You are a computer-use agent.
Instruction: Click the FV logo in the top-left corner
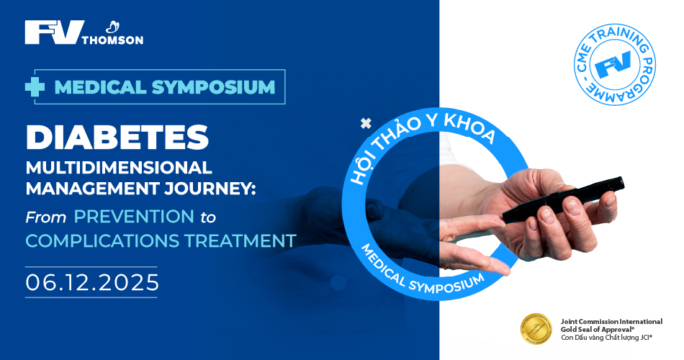[54, 32]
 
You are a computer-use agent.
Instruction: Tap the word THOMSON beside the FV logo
[112, 40]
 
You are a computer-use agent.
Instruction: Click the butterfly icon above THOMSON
[113, 27]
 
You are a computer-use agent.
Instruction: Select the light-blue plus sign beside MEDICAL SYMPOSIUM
[35, 87]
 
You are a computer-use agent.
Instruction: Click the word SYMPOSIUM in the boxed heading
[213, 87]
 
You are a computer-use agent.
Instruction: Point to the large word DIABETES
[117, 137]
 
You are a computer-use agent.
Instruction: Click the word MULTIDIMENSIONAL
[119, 168]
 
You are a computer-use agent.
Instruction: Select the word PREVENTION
[134, 217]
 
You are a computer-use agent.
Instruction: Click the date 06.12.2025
[92, 282]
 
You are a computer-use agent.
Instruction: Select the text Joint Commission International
[611, 322]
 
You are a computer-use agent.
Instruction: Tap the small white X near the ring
[366, 124]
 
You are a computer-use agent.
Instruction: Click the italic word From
[46, 217]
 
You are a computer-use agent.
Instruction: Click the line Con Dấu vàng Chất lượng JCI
[606, 337]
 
